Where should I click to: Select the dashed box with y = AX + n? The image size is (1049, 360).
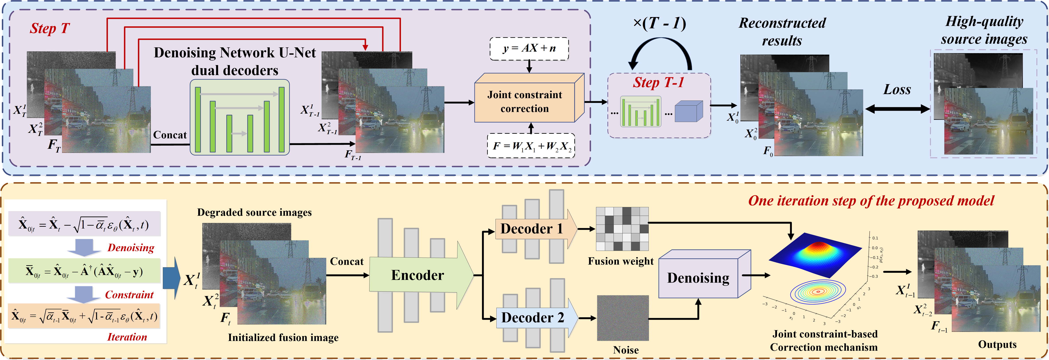coord(529,48)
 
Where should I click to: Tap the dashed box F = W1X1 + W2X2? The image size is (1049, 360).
coord(531,145)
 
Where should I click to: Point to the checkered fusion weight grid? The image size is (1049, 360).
coord(622,228)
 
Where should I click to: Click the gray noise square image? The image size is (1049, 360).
coord(623,318)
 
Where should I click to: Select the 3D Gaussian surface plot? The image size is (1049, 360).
coord(814,255)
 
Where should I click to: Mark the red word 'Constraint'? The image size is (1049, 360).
coord(129,294)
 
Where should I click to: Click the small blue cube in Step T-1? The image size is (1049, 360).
coord(688,112)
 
